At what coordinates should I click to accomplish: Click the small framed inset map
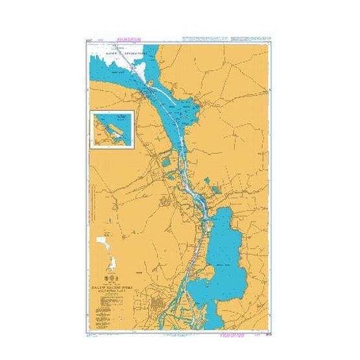click(112, 130)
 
